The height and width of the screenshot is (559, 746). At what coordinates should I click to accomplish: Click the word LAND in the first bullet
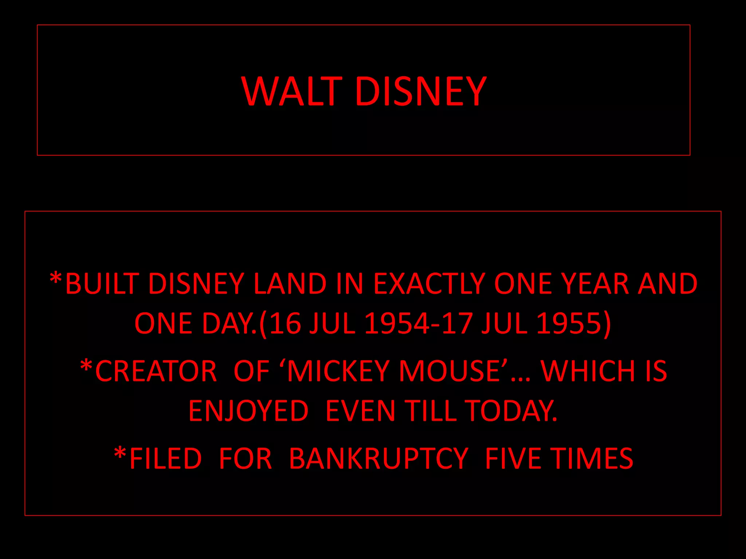pos(290,284)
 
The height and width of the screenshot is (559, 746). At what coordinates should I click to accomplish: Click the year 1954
pos(397,323)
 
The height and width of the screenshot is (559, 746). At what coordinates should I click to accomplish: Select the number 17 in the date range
pos(457,323)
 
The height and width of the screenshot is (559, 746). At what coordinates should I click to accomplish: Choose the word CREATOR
pos(156,371)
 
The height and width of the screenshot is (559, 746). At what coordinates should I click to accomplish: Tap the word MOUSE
pos(449,371)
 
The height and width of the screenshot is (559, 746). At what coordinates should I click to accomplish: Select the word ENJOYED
pos(248,411)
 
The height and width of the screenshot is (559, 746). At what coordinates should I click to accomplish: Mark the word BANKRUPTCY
pos(378,459)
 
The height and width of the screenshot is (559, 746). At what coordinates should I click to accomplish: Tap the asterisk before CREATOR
pos(86,366)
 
